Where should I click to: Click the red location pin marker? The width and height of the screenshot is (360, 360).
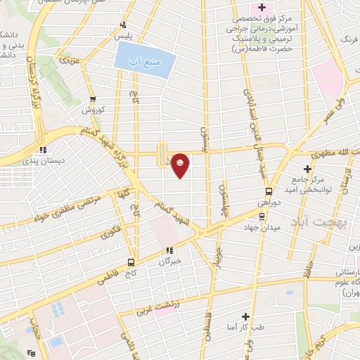(181, 165)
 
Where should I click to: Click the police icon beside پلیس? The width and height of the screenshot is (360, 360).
(124, 25)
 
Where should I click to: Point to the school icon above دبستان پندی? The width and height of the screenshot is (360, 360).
(44, 149)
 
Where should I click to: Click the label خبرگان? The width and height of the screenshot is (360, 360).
(169, 261)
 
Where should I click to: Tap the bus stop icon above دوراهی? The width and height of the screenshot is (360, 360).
(269, 191)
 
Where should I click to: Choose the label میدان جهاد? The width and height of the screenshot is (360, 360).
(262, 228)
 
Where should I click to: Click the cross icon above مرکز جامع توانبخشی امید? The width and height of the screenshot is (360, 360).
(307, 169)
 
